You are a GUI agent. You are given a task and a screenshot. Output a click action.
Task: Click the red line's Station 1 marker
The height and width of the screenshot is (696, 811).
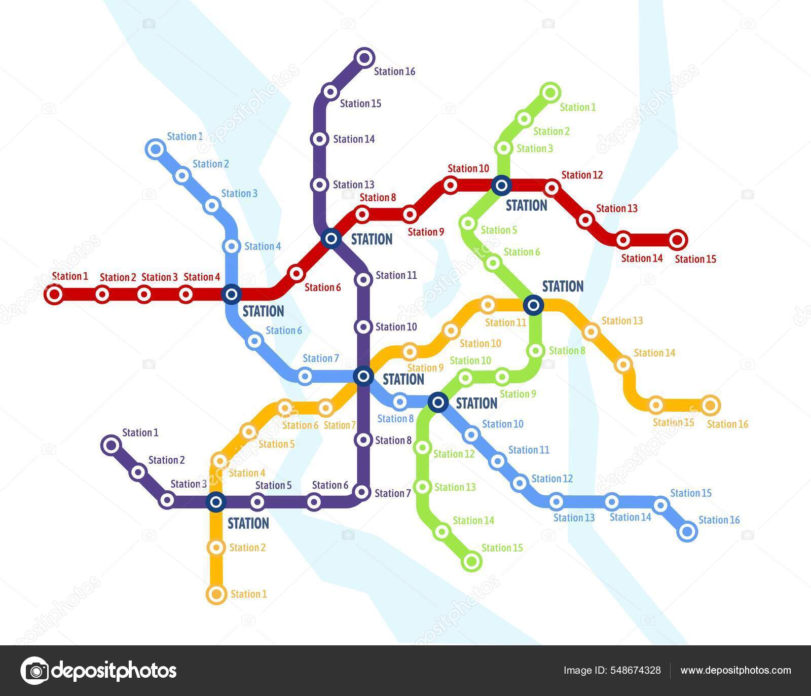pyautogui.click(x=54, y=294)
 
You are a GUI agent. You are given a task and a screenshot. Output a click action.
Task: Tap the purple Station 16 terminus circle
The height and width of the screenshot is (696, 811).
pyautogui.click(x=364, y=57)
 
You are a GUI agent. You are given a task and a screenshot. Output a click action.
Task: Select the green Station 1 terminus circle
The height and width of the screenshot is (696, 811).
pyautogui.click(x=550, y=93)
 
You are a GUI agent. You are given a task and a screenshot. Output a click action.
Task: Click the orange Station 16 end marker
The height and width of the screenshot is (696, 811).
pyautogui.click(x=710, y=405)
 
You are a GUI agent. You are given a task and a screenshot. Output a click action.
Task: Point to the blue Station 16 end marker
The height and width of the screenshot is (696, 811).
pyautogui.click(x=687, y=531)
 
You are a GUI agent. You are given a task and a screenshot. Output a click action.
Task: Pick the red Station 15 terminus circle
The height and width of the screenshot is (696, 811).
pyautogui.click(x=677, y=239)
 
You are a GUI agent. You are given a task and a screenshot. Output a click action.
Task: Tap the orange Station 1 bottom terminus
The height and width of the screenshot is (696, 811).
pyautogui.click(x=216, y=594)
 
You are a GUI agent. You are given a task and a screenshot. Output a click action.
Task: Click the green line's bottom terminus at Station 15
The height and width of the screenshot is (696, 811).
pyautogui.click(x=471, y=561)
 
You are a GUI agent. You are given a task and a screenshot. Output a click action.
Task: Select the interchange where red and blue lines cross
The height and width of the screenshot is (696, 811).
pyautogui.click(x=231, y=294)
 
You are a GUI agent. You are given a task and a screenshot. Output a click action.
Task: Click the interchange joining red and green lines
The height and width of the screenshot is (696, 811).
pyautogui.click(x=501, y=186)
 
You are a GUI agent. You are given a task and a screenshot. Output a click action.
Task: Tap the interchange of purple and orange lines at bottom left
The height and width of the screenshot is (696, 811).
pyautogui.click(x=216, y=502)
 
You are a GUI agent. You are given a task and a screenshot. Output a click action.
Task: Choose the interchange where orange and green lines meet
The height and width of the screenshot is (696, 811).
pyautogui.click(x=533, y=305)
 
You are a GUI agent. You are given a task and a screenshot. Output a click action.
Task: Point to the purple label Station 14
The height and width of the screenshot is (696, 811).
pyautogui.click(x=354, y=139)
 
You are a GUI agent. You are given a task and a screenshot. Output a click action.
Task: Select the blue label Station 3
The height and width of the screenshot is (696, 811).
pyautogui.click(x=239, y=193)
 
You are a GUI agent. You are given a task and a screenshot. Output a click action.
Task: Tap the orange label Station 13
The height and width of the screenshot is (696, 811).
pyautogui.click(x=622, y=320)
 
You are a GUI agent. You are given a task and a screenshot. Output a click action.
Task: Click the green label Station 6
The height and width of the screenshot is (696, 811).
pyautogui.click(x=522, y=252)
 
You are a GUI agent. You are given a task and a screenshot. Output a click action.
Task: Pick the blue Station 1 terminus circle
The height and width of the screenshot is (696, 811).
pyautogui.click(x=155, y=150)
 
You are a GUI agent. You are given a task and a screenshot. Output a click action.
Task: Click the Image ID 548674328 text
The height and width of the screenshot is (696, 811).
pyautogui.click(x=612, y=670)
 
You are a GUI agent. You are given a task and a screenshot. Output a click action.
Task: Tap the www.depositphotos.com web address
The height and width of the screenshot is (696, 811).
pyautogui.click(x=735, y=670)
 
